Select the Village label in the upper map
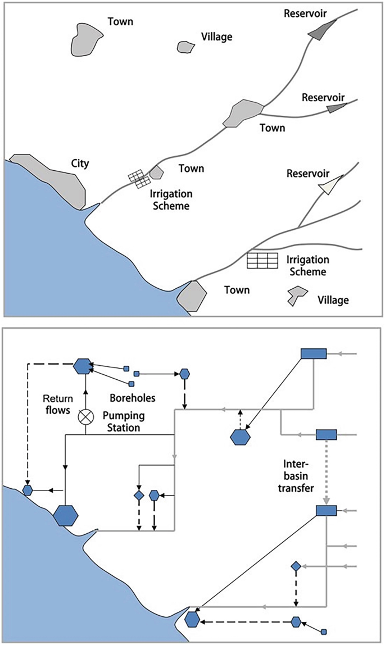click(x=216, y=37)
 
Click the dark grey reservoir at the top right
click(x=321, y=31)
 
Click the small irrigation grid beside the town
click(x=140, y=179)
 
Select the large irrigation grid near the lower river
click(x=263, y=261)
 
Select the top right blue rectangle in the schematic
click(x=313, y=353)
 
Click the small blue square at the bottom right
click(x=323, y=632)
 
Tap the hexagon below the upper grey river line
click(x=240, y=436)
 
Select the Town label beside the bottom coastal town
click(x=237, y=290)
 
